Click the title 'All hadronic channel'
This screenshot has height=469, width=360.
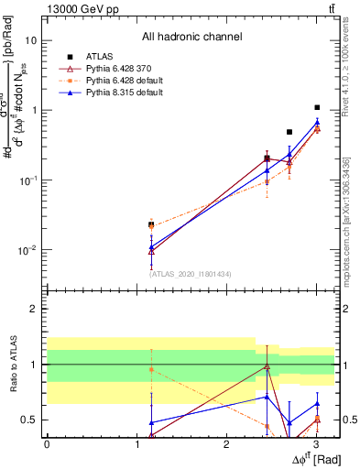click(x=191, y=38)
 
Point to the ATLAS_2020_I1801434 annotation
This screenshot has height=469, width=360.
click(x=191, y=273)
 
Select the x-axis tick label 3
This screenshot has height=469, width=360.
click(x=316, y=444)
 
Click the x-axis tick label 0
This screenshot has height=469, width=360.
click(x=47, y=444)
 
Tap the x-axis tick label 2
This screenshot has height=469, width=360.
click(x=226, y=444)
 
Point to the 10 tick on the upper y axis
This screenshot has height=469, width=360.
click(x=31, y=41)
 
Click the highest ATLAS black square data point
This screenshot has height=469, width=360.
click(x=317, y=107)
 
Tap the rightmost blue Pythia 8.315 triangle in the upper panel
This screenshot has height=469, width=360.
click(x=317, y=122)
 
